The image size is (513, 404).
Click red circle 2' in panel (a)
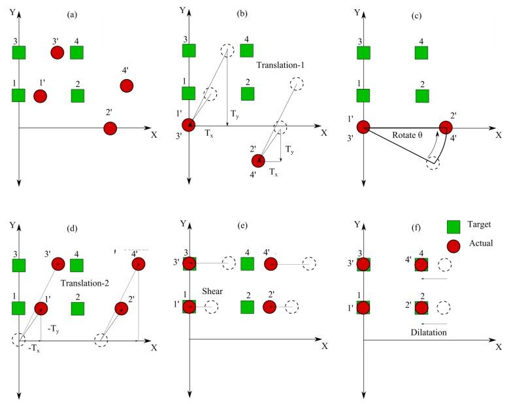(110, 128)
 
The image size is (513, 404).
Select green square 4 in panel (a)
(78, 52)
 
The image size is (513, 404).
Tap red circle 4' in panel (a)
(126, 86)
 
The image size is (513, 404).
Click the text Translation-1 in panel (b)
(280, 66)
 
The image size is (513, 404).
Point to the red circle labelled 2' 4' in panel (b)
(259, 160)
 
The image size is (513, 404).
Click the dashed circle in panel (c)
(432, 163)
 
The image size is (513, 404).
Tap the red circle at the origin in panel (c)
(363, 126)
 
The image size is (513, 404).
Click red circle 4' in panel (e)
(271, 263)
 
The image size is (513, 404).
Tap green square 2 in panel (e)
(247, 307)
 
